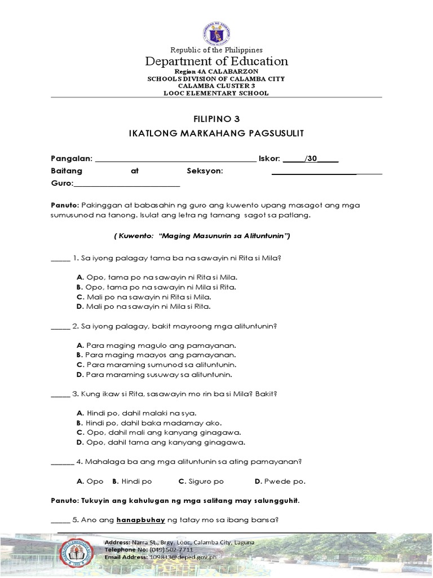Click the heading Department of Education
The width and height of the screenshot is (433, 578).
click(x=216, y=61)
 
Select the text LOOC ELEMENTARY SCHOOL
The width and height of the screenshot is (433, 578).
click(x=216, y=93)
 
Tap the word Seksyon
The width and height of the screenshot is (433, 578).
click(x=205, y=171)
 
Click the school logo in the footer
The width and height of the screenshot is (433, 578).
click(x=79, y=554)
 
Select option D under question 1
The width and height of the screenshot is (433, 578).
click(x=143, y=306)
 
